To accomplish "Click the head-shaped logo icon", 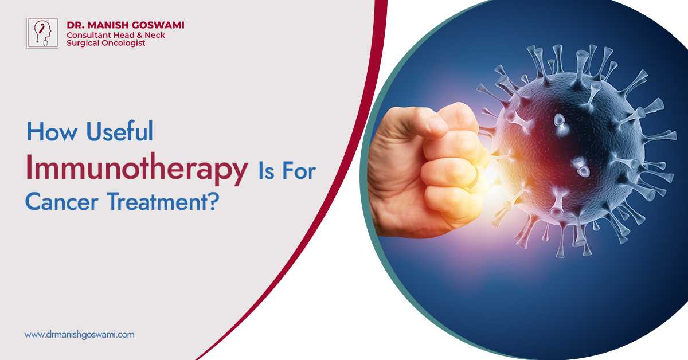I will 42,33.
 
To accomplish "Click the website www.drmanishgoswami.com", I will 79,334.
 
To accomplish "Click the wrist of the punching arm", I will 381,189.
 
